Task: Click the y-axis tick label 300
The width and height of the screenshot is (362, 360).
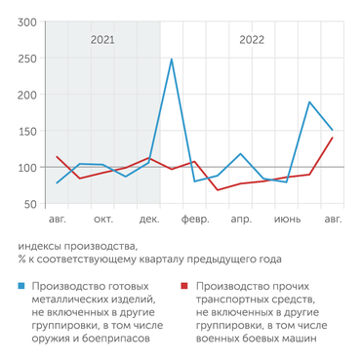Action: [x=26, y=21]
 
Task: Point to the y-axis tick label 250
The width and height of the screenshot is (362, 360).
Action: [x=26, y=59]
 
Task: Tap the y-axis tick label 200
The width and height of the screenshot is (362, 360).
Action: [x=26, y=95]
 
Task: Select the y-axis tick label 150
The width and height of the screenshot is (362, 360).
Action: [x=26, y=132]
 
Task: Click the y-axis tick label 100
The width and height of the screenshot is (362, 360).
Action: [x=26, y=168]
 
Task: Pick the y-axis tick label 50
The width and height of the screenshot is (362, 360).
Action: [x=29, y=204]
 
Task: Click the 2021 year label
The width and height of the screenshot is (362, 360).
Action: [x=102, y=41]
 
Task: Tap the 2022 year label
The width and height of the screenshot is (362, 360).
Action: [x=251, y=41]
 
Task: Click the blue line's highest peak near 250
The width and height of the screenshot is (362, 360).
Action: [x=172, y=60]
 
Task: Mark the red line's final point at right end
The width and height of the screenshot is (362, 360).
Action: [x=333, y=138]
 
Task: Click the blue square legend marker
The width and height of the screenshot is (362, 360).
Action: [x=21, y=287]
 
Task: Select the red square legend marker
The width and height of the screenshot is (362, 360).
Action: [x=185, y=287]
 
